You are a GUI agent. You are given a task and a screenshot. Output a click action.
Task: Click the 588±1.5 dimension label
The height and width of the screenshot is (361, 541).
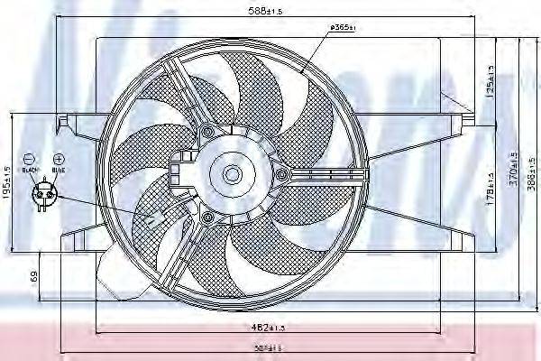266,11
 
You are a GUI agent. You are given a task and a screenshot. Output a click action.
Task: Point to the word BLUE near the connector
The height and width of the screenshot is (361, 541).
59,169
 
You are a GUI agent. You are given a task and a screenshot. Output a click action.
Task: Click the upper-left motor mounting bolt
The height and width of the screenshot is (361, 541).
209,133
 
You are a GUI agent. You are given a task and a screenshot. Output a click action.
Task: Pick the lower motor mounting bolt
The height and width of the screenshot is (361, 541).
209,218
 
